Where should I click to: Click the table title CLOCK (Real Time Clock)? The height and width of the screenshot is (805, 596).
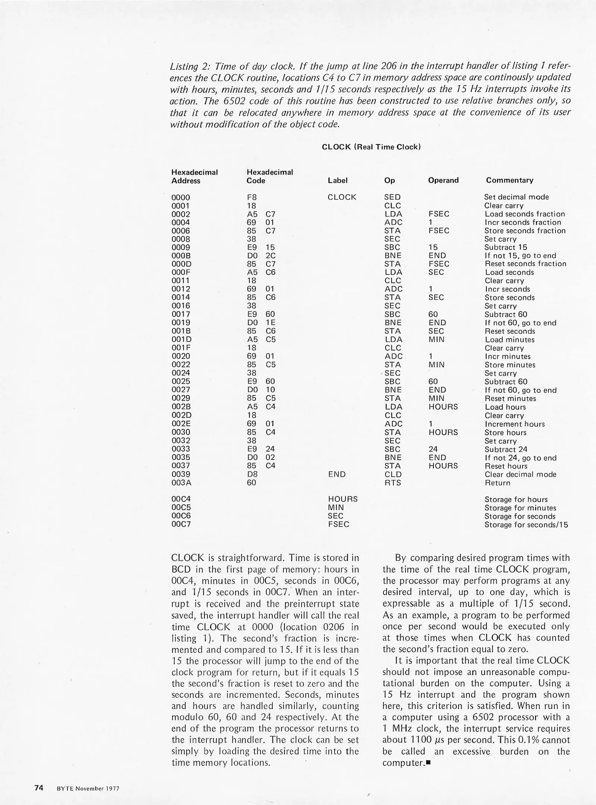(371, 147)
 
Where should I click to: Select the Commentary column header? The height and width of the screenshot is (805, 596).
(509, 180)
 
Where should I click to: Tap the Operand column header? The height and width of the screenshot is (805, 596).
(443, 180)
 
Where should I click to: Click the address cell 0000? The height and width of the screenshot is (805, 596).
(181, 198)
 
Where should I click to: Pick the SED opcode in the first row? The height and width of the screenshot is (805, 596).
(392, 197)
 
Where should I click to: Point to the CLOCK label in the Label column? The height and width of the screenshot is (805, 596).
(342, 197)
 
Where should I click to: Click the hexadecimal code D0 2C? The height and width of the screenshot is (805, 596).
(261, 256)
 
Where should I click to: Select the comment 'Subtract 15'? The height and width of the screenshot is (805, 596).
(505, 247)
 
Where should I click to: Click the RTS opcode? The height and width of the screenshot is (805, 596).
(393, 483)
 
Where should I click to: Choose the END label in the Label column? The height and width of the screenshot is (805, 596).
(337, 474)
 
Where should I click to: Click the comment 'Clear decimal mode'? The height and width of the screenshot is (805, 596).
(520, 474)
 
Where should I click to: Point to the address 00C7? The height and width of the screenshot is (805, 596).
(181, 524)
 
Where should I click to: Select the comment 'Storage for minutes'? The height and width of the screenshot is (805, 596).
(520, 508)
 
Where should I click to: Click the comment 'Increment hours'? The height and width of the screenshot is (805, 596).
(514, 424)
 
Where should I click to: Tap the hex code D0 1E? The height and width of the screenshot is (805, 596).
(261, 323)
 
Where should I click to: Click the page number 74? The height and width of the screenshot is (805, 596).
(39, 787)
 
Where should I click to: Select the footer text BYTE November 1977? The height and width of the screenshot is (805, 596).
(88, 788)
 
